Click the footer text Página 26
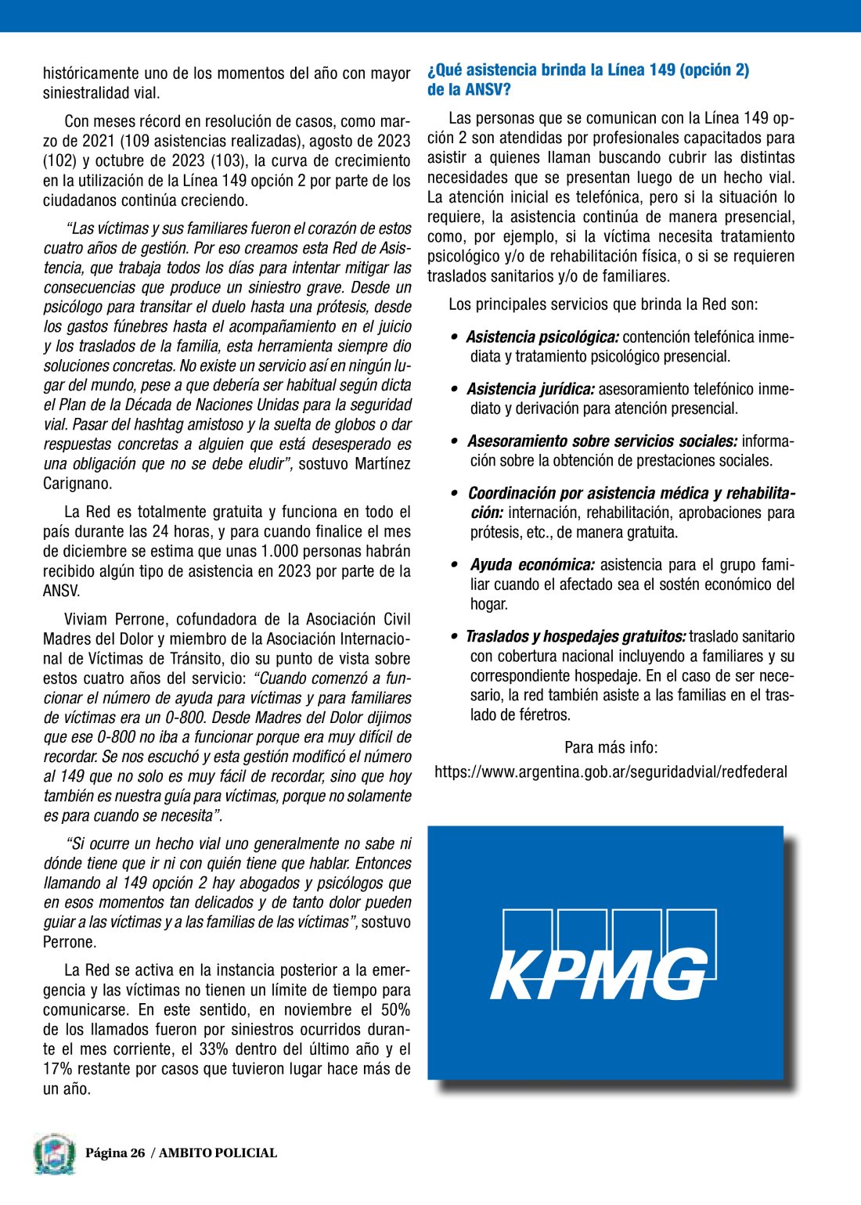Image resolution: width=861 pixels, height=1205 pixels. coord(115,1153)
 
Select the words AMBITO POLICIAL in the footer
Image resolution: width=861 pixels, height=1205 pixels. coord(218,1153)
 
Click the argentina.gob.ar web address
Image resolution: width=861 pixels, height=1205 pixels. coord(611,772)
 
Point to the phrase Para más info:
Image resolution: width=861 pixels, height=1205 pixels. coord(611,748)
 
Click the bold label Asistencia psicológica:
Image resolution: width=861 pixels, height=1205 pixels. coord(542,337)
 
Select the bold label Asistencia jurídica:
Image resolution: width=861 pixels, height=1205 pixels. coord(531,390)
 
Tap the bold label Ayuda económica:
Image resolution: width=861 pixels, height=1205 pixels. coord(532,565)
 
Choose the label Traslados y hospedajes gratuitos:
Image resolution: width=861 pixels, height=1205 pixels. coord(575,637)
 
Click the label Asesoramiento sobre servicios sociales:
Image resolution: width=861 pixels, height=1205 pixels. coord(602,441)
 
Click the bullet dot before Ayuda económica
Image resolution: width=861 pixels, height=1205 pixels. coord(454,565)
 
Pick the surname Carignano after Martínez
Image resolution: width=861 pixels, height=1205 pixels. coord(77,484)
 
